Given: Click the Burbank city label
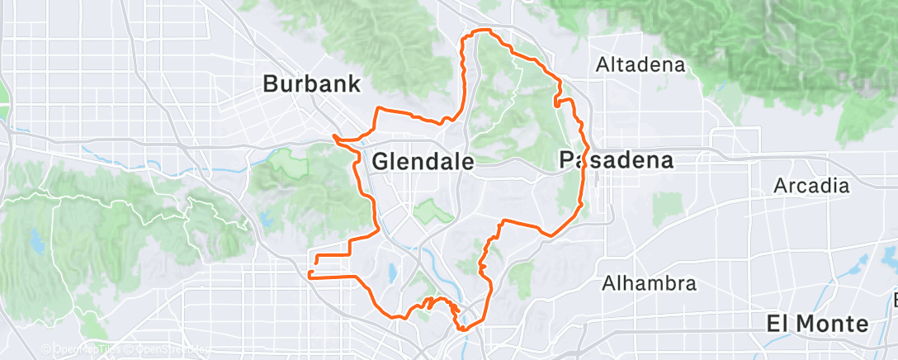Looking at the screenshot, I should click(312, 83).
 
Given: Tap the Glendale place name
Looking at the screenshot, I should click(423, 162).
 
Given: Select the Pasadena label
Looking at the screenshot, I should click(617, 160).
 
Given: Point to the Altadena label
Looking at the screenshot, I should click(641, 64).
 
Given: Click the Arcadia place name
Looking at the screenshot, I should click(811, 186).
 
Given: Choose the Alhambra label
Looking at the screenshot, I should click(648, 284).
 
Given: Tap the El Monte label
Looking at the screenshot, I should click(817, 323).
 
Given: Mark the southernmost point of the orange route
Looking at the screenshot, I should click(464, 329).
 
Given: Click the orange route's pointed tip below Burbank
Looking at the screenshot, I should click(333, 135).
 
